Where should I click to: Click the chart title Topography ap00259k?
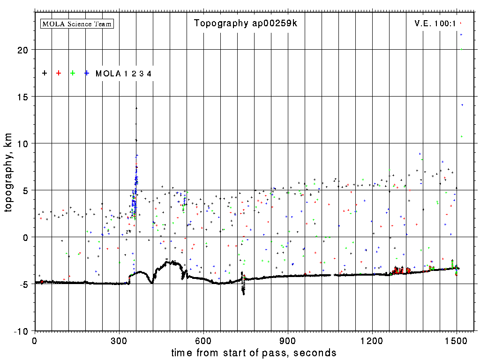(x=246, y=23)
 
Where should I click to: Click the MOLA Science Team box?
(x=77, y=23)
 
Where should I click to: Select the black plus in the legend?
(x=45, y=73)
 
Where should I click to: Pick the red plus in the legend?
(x=59, y=73)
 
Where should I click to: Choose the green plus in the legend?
(x=73, y=73)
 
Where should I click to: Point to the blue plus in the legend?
(x=87, y=73)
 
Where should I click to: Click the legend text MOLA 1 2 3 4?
(x=123, y=74)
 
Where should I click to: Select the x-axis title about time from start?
(x=254, y=352)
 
